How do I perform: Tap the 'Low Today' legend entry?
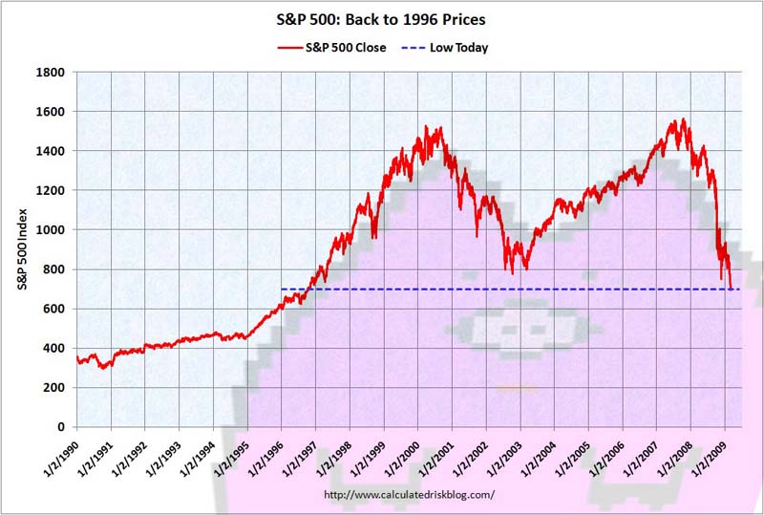(x=459, y=48)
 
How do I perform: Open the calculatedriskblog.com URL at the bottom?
(x=410, y=494)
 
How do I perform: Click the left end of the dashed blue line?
(x=282, y=289)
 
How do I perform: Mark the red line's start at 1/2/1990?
(x=77, y=356)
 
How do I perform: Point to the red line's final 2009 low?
(x=731, y=288)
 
